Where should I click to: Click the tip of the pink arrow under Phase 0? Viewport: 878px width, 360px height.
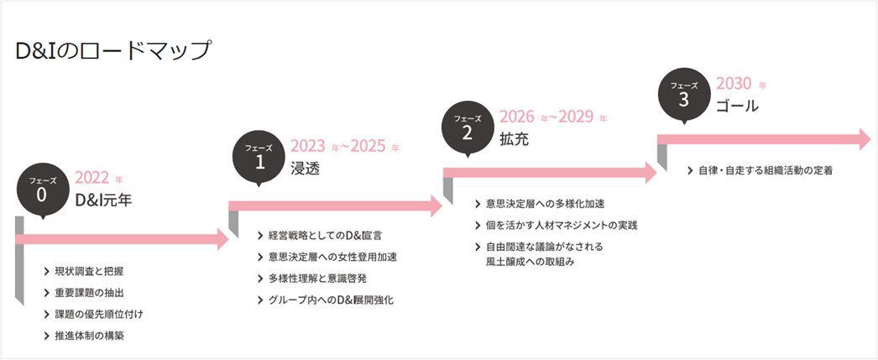[x=229, y=239]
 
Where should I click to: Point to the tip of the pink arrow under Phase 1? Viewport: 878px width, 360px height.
[x=443, y=206]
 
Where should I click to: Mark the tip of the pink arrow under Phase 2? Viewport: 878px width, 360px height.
[x=656, y=173]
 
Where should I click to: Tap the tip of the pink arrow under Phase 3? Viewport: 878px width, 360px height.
[x=870, y=139]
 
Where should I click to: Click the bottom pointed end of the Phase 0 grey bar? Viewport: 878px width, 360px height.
[x=24, y=305]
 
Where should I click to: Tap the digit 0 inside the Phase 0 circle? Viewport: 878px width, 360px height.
[x=42, y=194]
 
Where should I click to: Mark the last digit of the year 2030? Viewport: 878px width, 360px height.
[x=745, y=85]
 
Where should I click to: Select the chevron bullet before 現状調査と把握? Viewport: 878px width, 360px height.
[x=46, y=272]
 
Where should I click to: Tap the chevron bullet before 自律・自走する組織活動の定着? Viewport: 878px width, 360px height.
[x=691, y=170]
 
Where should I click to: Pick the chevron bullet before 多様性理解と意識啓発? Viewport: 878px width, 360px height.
[x=260, y=279]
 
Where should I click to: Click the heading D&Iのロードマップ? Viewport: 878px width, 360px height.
[x=113, y=50]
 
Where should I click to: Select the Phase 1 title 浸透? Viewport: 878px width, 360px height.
[x=306, y=168]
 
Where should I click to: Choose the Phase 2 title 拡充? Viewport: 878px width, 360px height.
[x=514, y=139]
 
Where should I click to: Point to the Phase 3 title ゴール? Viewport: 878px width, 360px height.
[x=737, y=105]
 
